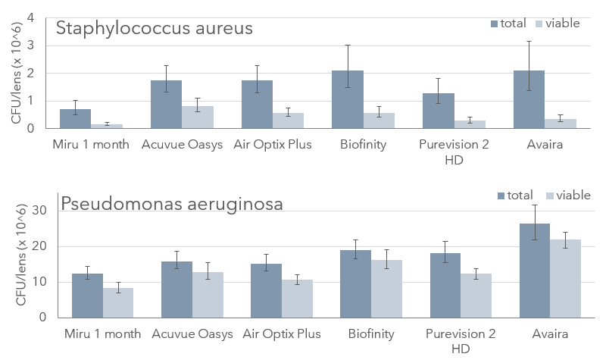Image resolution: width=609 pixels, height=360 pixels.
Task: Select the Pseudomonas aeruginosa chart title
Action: [172, 203]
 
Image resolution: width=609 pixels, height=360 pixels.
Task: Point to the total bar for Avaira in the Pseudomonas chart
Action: [534, 271]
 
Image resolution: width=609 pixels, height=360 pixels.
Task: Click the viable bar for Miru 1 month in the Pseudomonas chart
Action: [118, 302]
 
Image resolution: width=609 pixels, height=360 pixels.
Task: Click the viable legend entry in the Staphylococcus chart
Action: [557, 23]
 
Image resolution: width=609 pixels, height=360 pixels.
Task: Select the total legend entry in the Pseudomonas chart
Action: [515, 196]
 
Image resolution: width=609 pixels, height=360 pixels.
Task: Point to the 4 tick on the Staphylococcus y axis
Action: [30, 17]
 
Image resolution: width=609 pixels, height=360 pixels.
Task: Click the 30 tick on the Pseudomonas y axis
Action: [42, 210]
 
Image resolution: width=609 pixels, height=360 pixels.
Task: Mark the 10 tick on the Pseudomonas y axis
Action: [42, 282]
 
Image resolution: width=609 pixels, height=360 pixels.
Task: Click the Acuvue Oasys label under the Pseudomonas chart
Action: [192, 334]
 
